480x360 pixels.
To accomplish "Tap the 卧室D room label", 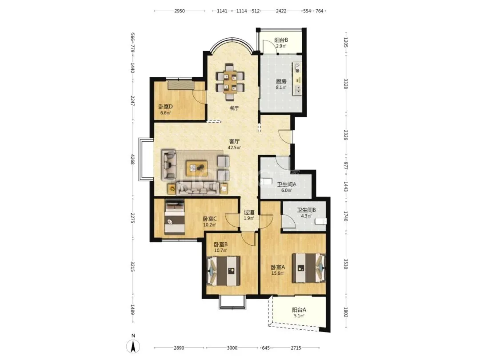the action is [166, 107].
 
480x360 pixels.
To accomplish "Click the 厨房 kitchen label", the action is [281, 81].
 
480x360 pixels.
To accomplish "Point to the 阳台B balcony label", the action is [281, 40].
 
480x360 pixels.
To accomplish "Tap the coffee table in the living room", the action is [196, 168].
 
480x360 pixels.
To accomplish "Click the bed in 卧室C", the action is [175, 217].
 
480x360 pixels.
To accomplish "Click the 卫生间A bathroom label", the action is [287, 184].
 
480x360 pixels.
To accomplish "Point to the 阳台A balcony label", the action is [299, 310].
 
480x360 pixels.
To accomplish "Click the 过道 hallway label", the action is [249, 212].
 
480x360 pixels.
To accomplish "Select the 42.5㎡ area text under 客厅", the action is [234, 148].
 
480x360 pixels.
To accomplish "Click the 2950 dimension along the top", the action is [180, 11].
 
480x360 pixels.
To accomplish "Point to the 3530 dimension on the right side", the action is [346, 264].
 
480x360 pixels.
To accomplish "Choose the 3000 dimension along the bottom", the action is [232, 348].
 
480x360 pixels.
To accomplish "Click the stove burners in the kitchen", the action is [297, 68].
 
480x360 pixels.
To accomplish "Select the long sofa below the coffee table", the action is [198, 188].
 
